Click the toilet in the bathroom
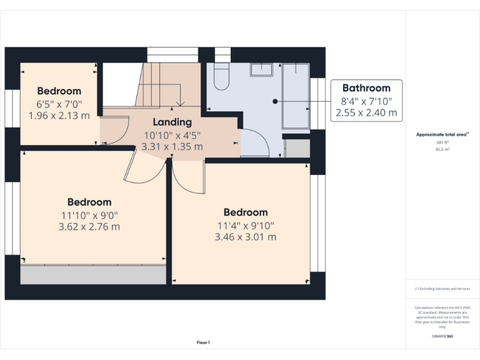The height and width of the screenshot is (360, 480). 221,76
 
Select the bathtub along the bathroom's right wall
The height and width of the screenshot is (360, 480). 296,96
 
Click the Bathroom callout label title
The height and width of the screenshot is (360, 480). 366,88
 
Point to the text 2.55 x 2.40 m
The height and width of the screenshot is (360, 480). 366,112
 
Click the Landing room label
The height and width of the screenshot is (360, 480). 172,122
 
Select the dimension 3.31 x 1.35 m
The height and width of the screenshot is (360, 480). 172,146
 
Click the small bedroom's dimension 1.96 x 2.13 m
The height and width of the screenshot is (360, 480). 59,115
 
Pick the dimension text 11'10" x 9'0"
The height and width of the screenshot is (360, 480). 89,214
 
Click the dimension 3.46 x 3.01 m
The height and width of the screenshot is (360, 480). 245,237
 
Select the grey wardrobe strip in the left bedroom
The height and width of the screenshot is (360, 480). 93,274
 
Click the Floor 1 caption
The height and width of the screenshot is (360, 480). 204,342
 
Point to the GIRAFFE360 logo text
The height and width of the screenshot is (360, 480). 442,336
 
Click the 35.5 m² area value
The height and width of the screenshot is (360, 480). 442,149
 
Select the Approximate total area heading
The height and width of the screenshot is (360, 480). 442,134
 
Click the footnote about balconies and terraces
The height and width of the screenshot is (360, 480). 442,289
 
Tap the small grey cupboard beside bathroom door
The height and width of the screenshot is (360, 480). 297,148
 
